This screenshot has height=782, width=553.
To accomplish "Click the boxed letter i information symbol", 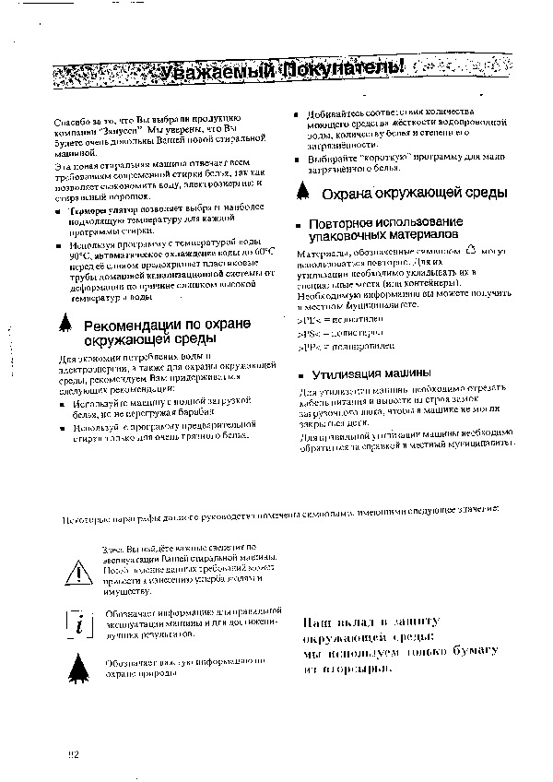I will (81, 624).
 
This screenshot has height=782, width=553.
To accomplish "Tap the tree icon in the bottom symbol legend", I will (81, 667).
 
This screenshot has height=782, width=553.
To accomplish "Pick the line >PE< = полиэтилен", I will (332, 318).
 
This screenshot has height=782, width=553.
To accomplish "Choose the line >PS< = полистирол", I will (332, 332).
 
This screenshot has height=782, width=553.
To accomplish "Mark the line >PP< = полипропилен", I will (334, 346).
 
